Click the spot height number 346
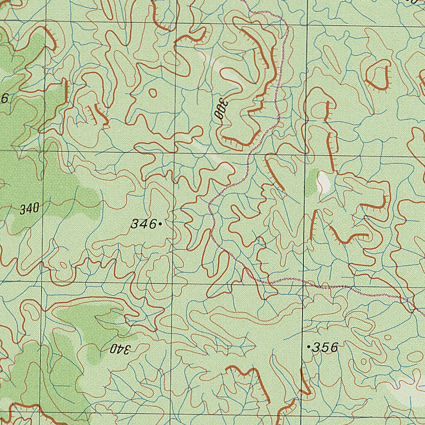[144, 224]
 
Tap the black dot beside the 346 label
[160, 224]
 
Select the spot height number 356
[325, 347]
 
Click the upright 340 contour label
[29, 209]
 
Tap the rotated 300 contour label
[219, 109]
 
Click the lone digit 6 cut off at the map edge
[5, 98]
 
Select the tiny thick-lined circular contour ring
[153, 93]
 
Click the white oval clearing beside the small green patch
[322, 183]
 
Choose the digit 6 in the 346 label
[152, 224]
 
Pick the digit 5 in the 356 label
[325, 347]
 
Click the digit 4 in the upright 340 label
[29, 209]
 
